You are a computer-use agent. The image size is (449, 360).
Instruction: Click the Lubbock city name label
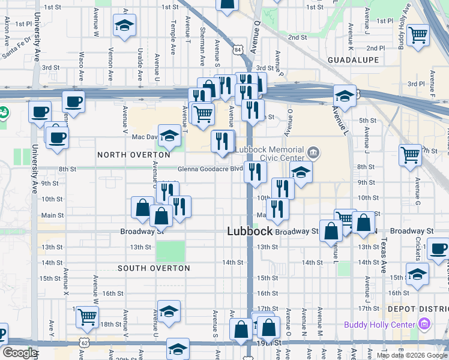pos(249,232)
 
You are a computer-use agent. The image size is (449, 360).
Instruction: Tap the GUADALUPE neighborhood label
pos(354,61)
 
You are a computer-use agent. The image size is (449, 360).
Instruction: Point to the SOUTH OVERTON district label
pos(154,268)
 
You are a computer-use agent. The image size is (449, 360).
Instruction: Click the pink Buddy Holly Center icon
pos(425,325)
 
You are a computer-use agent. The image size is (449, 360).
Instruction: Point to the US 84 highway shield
pos(239,49)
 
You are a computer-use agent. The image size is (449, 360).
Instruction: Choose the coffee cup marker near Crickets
pos(438,248)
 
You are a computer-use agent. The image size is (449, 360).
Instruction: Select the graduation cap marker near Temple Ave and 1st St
pos(125,25)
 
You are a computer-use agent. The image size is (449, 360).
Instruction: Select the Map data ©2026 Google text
pos(411,355)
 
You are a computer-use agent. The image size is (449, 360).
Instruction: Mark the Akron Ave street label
pos(7,28)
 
